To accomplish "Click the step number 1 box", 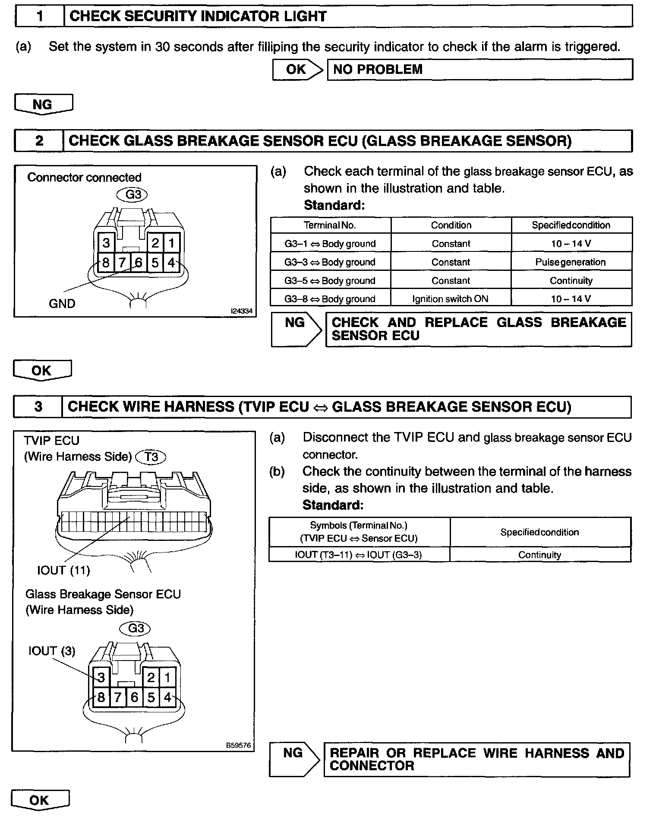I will coord(40,16).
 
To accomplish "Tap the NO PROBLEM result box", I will coord(480,70).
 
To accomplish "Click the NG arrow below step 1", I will coord(43,105).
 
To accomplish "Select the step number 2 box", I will coord(39,141).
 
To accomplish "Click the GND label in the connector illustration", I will coord(62,304).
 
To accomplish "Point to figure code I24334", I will coord(242,311).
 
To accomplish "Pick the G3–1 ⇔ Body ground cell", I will coord(330,244).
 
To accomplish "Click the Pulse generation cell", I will coord(571,262).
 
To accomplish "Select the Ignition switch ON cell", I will coord(450,299).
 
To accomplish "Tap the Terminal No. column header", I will coord(330,225).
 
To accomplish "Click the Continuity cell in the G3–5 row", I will coord(571,281).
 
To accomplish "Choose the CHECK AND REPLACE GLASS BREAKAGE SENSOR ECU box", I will coord(478,329).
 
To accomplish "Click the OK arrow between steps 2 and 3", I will coord(42,371).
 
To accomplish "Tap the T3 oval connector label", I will coord(151,457).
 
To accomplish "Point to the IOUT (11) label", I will coord(63,570).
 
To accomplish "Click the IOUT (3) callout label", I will coord(52,651).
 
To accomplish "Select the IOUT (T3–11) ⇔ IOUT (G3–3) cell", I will coord(359,555).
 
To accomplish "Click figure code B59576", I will coord(238,745).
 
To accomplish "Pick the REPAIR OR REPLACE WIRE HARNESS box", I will coord(476,759).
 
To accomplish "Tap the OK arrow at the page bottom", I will coord(40,800).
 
